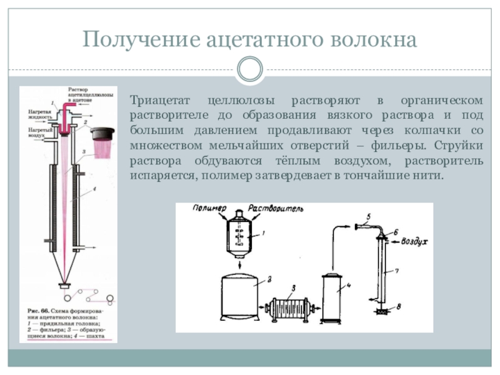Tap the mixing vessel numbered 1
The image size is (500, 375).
240,239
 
